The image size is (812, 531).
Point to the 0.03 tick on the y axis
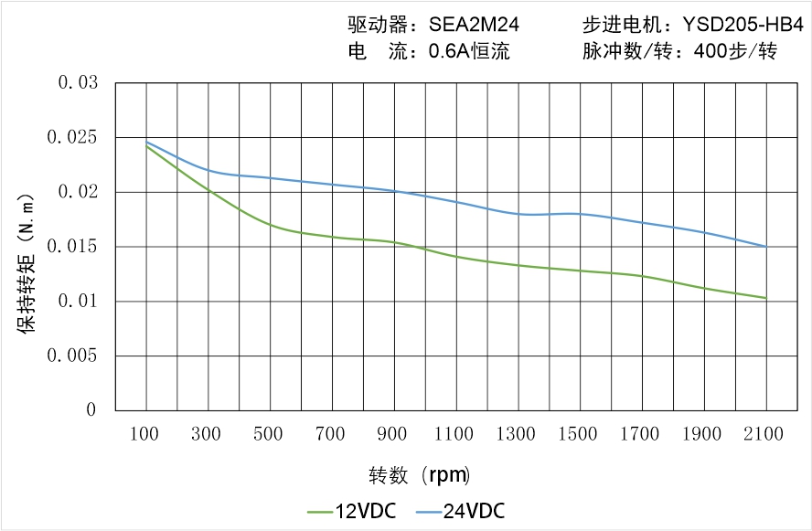click(x=78, y=83)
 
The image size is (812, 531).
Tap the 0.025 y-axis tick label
click(x=73, y=138)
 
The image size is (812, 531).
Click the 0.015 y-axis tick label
click(x=73, y=247)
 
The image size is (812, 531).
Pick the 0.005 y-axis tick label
click(x=73, y=356)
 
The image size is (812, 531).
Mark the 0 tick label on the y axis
click(x=91, y=410)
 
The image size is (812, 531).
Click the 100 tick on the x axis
click(x=146, y=434)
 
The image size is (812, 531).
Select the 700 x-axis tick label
click(x=332, y=434)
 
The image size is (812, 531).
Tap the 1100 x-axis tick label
click(x=455, y=434)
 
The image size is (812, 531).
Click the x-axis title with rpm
click(x=419, y=475)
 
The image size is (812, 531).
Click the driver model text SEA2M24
click(x=474, y=26)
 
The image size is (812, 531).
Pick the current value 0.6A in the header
click(x=449, y=52)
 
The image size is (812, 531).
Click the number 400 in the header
click(x=711, y=52)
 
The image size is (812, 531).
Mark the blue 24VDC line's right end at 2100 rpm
click(x=766, y=246)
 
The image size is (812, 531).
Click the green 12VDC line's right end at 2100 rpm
click(x=766, y=298)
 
